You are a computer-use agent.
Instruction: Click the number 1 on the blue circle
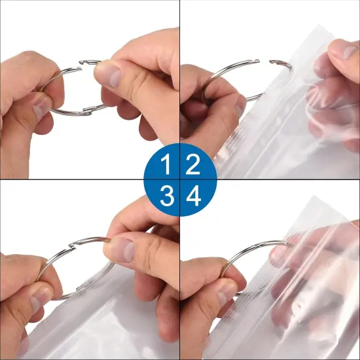pyautogui.click(x=167, y=165)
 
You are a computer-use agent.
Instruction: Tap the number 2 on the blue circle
pyautogui.click(x=193, y=165)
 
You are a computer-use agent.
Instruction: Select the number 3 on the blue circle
pyautogui.click(x=167, y=196)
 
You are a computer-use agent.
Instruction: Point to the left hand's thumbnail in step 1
pyautogui.click(x=41, y=105)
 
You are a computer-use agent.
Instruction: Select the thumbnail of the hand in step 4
pyautogui.click(x=226, y=291)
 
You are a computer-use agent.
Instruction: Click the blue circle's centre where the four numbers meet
pyautogui.click(x=180, y=180)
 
